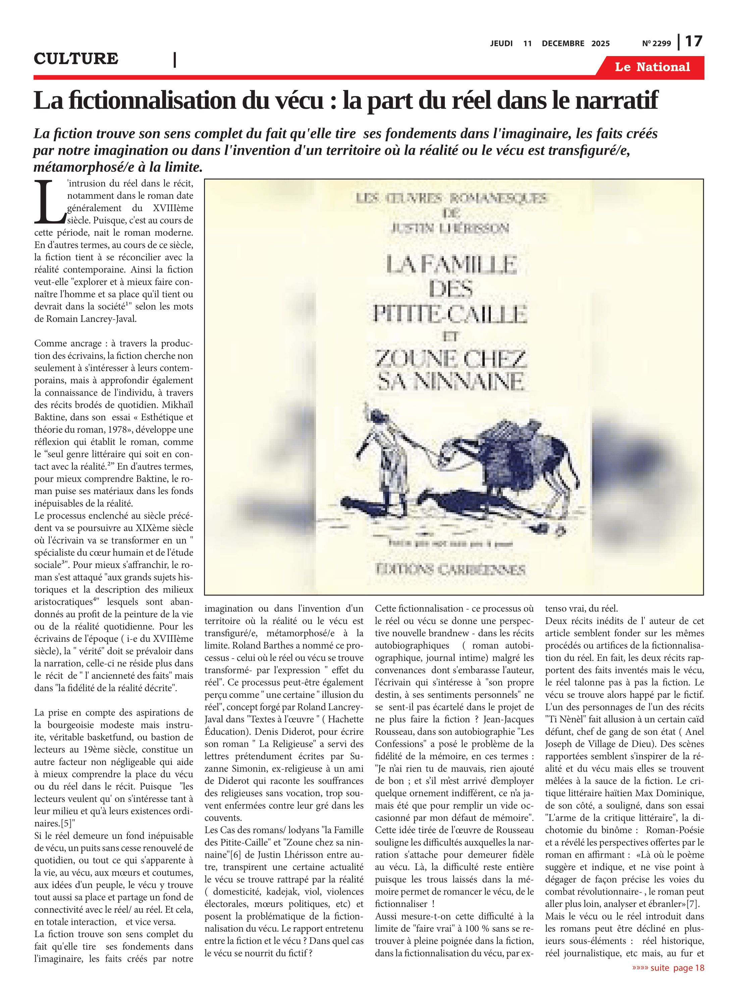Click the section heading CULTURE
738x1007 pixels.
pyautogui.click(x=76, y=58)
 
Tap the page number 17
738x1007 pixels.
pyautogui.click(x=693, y=42)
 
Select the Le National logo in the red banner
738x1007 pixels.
pyautogui.click(x=652, y=67)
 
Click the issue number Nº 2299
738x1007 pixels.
pyautogui.click(x=656, y=43)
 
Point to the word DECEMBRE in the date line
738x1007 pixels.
pyautogui.click(x=563, y=43)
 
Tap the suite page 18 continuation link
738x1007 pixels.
pyautogui.click(x=668, y=968)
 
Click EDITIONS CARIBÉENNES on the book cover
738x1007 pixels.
pyautogui.click(x=450, y=569)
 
